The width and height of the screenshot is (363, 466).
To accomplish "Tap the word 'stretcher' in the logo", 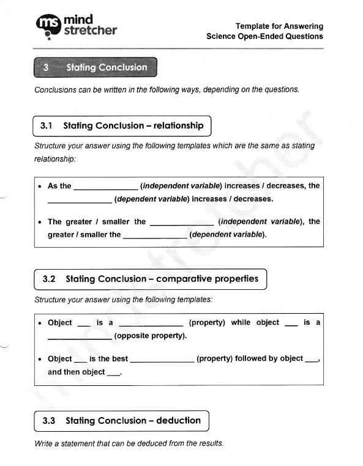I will tap(90, 31).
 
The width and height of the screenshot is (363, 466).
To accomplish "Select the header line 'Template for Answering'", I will tap(279, 26).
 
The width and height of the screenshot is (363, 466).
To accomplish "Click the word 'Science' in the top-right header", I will tap(223, 37).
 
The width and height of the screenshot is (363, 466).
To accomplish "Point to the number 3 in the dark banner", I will tap(46, 68).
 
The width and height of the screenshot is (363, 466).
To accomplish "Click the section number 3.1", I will tap(47, 126).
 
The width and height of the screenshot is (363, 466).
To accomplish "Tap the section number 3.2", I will tap(49, 279).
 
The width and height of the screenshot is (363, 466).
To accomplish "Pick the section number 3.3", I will tap(49, 421).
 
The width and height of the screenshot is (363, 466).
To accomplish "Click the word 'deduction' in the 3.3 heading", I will tap(178, 421).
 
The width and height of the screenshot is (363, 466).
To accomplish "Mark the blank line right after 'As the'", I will tap(105, 187).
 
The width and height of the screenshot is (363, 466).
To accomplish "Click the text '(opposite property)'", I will tap(151, 336).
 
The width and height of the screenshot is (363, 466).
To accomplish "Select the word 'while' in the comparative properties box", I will tap(241, 322).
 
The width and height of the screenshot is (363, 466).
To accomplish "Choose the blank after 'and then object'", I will tap(114, 373).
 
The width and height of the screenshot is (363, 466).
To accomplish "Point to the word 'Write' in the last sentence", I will tap(45, 443).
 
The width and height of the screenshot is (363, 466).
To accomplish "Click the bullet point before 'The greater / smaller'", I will tap(40, 223).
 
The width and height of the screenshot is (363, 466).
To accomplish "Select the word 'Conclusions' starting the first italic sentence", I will tap(56, 89).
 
